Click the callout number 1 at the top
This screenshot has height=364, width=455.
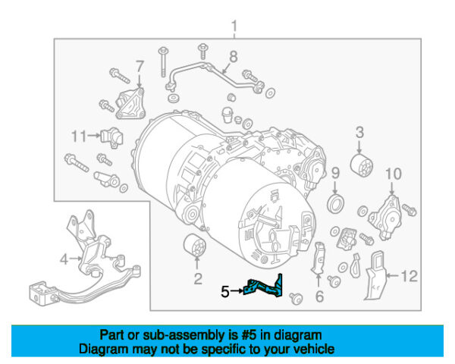(234, 28)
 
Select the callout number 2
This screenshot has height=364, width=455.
(197, 280)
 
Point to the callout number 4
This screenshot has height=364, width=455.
(65, 259)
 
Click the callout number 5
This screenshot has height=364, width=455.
(224, 290)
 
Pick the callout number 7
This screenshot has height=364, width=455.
(139, 66)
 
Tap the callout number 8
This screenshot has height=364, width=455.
(234, 55)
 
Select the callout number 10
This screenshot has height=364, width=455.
(391, 175)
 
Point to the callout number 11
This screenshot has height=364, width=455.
(80, 136)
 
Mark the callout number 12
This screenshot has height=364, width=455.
(409, 277)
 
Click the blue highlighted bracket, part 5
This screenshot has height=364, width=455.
(262, 288)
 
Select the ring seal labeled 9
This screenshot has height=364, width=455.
(334, 204)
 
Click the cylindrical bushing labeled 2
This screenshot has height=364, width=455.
(196, 247)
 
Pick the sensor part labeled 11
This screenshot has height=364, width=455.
(111, 138)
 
